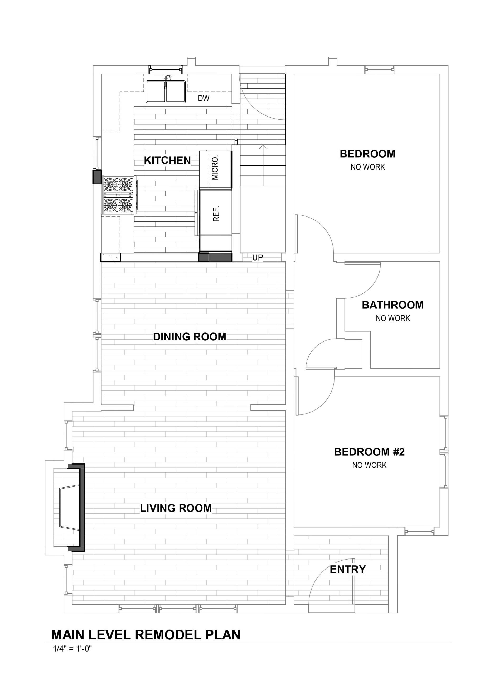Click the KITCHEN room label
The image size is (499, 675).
pyautogui.click(x=167, y=160)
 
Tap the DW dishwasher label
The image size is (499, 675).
pyautogui.click(x=204, y=98)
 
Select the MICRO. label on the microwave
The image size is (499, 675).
pyautogui.click(x=215, y=168)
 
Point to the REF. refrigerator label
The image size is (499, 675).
pyautogui.click(x=216, y=214)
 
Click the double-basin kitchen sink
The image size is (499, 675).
pyautogui.click(x=166, y=91)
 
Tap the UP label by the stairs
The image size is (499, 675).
pyautogui.click(x=258, y=257)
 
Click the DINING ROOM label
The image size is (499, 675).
pyautogui.click(x=190, y=337)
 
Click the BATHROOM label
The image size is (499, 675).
pyautogui.click(x=393, y=305)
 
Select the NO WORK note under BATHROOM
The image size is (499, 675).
pyautogui.click(x=393, y=319)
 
